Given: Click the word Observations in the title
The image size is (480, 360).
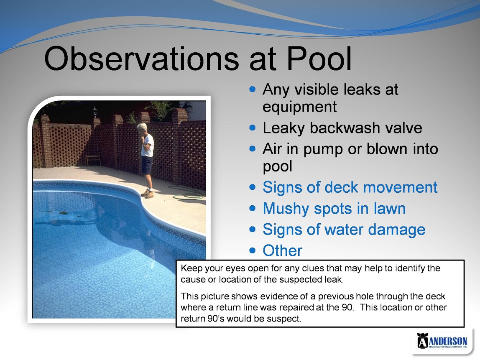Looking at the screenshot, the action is tap(141, 59).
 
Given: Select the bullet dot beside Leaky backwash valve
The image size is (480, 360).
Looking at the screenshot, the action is tap(252, 128).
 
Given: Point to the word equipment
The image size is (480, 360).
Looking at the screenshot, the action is tap(300, 107).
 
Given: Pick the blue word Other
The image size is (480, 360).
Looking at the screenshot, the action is tap(283, 250).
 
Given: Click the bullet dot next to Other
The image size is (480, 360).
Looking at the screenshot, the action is tap(252, 250).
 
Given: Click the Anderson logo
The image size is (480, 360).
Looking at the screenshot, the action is tap(442, 341).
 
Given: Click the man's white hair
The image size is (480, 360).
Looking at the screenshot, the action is tap(142, 126).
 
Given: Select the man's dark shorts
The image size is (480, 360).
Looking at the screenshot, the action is tap(147, 165).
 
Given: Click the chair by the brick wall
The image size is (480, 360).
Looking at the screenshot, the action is tap(93, 160).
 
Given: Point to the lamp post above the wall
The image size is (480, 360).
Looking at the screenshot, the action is tap(95, 112).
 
